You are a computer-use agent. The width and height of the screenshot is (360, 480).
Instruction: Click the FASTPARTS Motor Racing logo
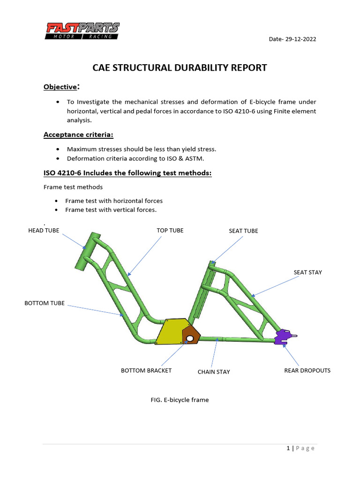[x=82, y=31]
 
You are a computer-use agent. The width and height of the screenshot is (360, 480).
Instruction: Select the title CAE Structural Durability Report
[x=180, y=67]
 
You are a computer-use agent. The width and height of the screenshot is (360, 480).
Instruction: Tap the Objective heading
[x=60, y=87]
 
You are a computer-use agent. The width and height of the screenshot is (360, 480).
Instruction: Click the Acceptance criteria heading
[x=79, y=135]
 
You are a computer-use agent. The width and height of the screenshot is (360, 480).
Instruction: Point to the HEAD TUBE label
[x=44, y=230]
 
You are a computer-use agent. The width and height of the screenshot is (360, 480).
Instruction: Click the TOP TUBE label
[x=170, y=230]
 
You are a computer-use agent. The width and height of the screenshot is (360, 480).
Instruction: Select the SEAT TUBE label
[x=243, y=231]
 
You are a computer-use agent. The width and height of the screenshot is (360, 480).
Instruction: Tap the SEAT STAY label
[x=307, y=272]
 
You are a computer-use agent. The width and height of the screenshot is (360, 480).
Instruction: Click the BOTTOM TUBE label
[x=45, y=303]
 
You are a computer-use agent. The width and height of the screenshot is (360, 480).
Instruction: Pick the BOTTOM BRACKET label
[x=146, y=370]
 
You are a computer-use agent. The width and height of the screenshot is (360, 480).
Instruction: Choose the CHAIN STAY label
[x=214, y=372]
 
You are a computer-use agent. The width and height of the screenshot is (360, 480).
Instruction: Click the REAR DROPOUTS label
[x=307, y=370]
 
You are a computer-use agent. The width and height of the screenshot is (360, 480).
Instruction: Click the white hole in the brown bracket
[x=190, y=337]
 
